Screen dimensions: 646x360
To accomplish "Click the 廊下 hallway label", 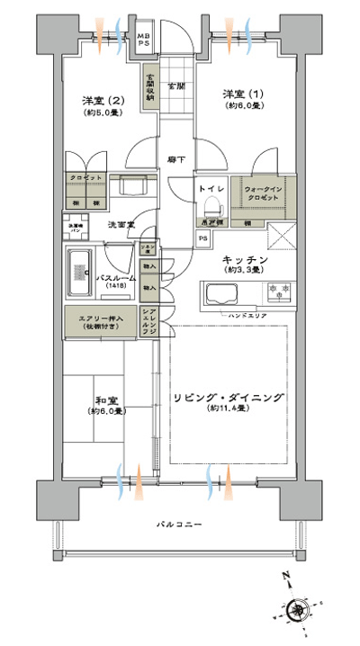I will coord(176,160).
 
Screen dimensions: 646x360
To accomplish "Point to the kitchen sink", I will coord(220,294).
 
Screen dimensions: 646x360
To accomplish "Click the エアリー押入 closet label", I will coord(96,321).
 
